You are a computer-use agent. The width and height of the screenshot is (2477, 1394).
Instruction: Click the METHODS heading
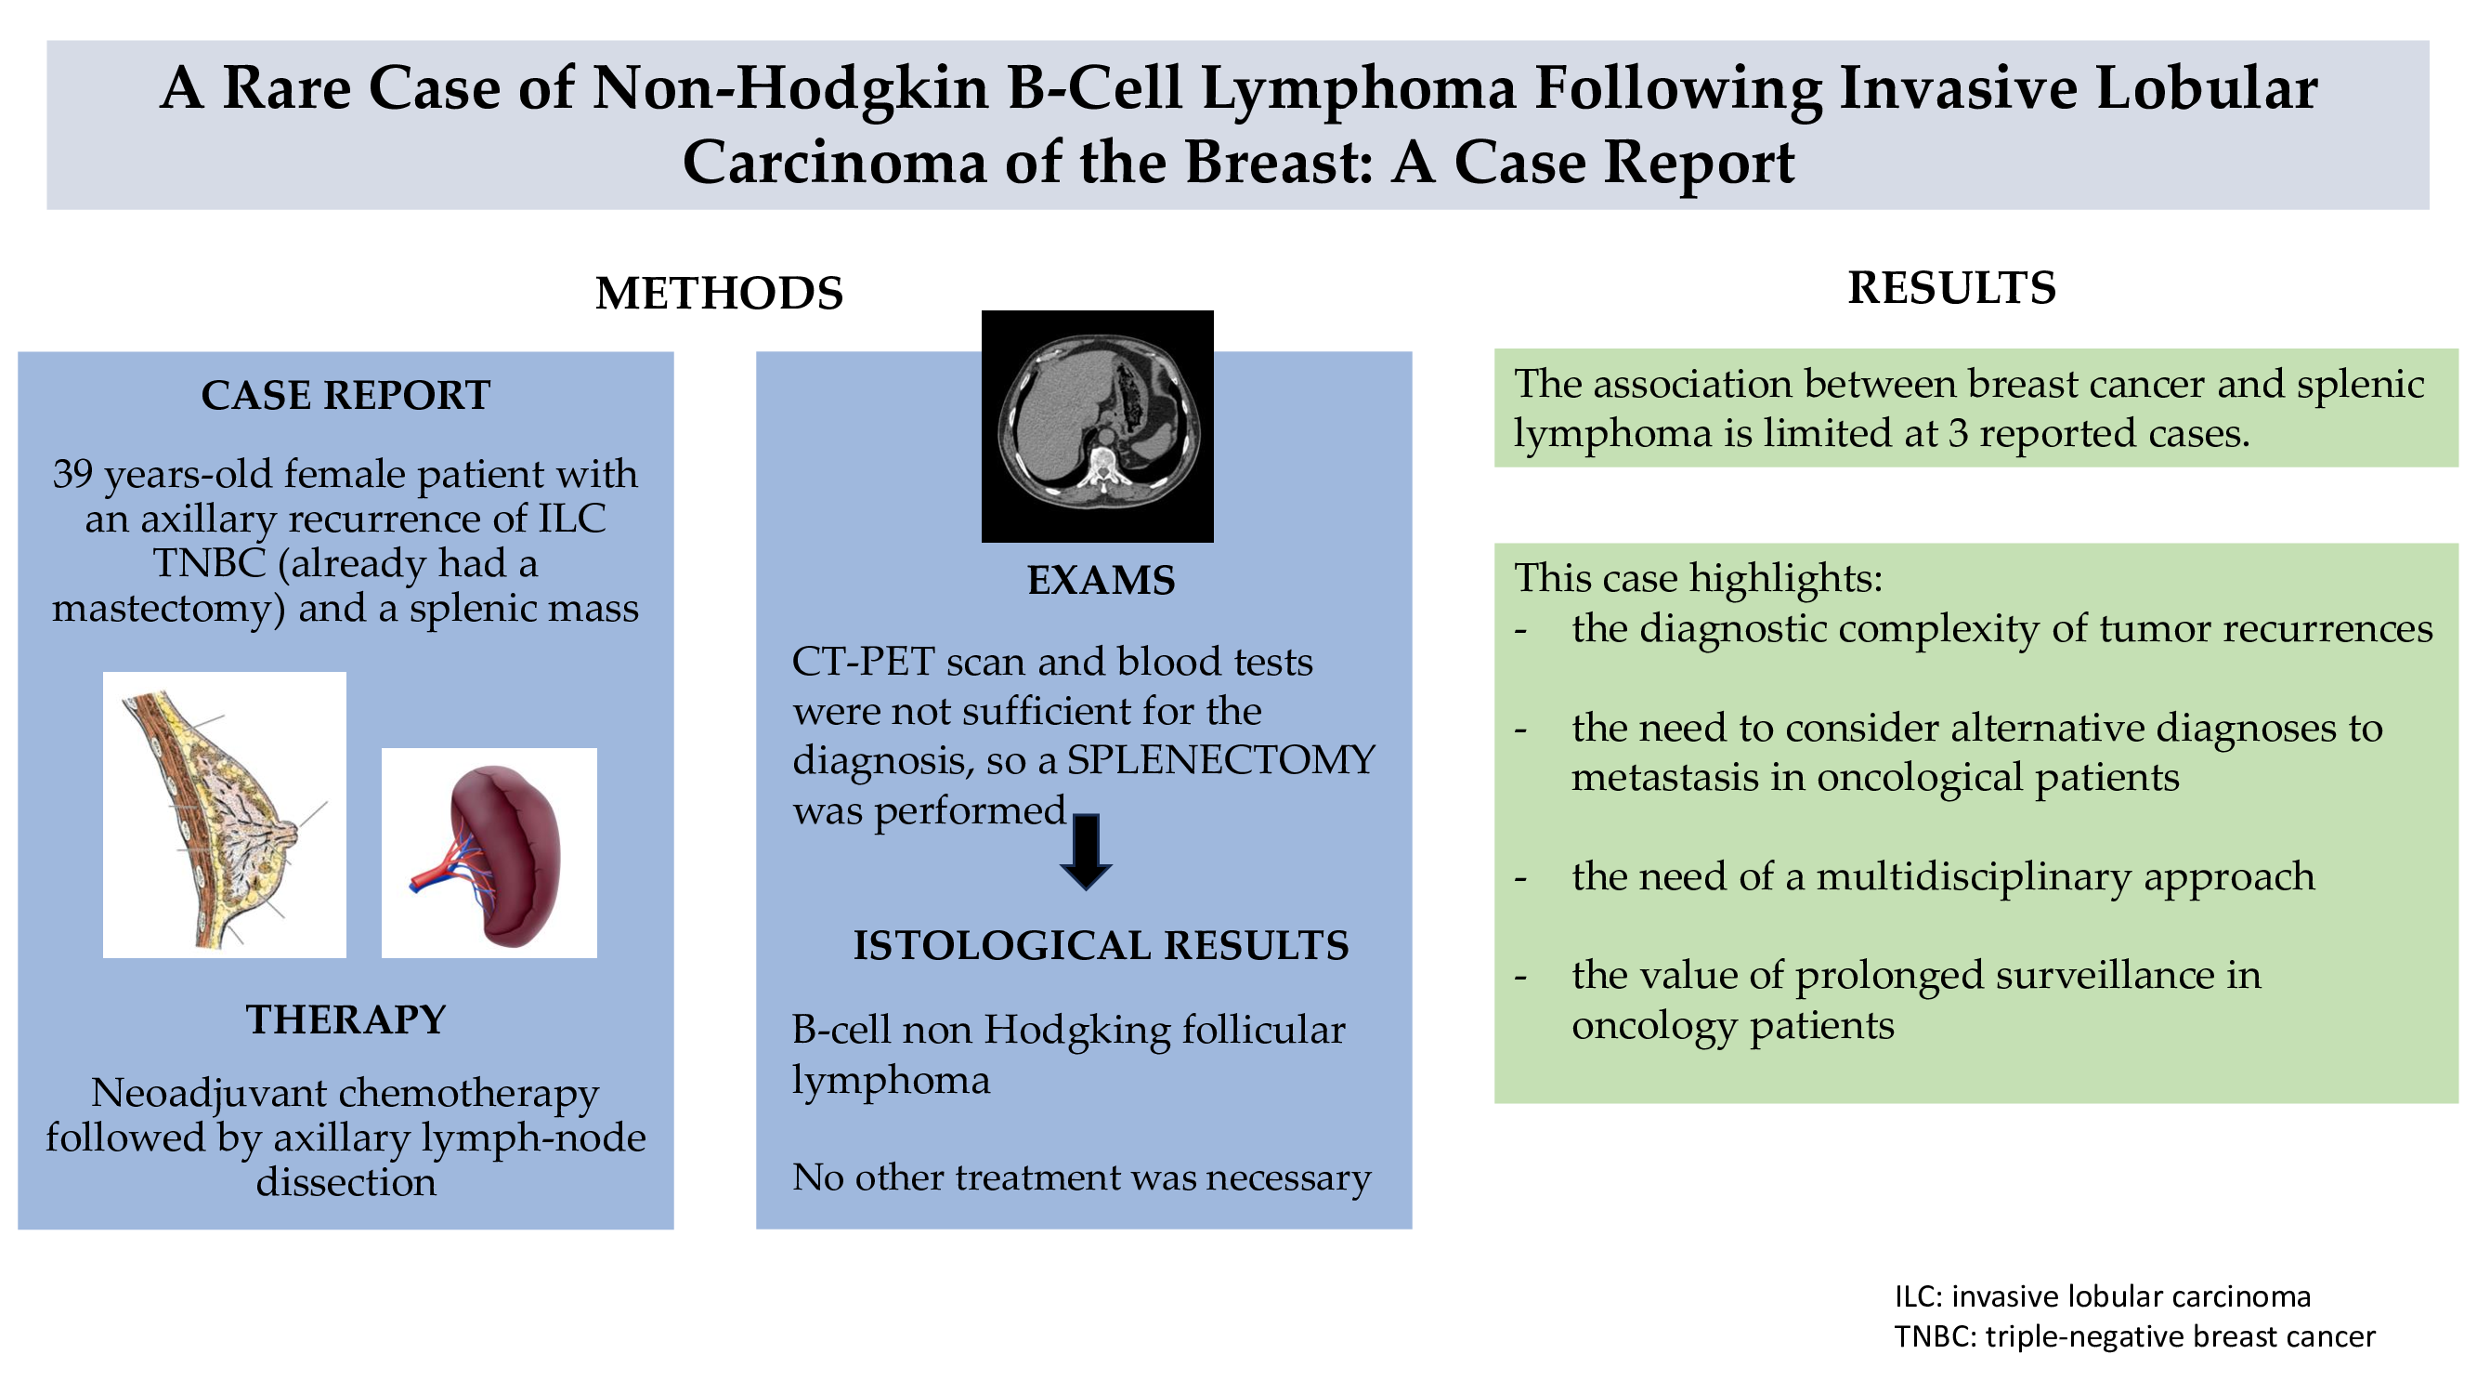[719, 294]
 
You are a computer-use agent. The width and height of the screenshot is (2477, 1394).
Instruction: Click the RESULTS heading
[1952, 288]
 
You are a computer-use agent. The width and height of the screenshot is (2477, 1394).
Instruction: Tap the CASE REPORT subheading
[346, 395]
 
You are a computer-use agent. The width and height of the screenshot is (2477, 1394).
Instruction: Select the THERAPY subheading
[346, 1019]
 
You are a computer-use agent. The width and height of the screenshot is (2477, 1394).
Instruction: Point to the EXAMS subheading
[1101, 581]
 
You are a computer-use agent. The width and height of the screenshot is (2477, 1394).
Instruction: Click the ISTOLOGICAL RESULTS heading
[1101, 946]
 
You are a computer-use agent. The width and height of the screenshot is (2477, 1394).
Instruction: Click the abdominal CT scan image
[1097, 427]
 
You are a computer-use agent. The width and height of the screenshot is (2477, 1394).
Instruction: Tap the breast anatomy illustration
[224, 815]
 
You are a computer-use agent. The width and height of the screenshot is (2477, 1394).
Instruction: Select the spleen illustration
[489, 853]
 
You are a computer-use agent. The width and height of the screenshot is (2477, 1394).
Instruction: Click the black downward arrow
[1086, 852]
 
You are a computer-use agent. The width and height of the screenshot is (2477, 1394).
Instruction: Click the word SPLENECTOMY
[1221, 760]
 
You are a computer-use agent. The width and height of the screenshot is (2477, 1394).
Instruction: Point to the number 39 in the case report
[73, 474]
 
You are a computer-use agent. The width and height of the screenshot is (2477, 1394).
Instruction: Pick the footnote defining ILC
[2103, 1296]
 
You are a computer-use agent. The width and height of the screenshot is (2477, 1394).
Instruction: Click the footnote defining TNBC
[2134, 1337]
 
